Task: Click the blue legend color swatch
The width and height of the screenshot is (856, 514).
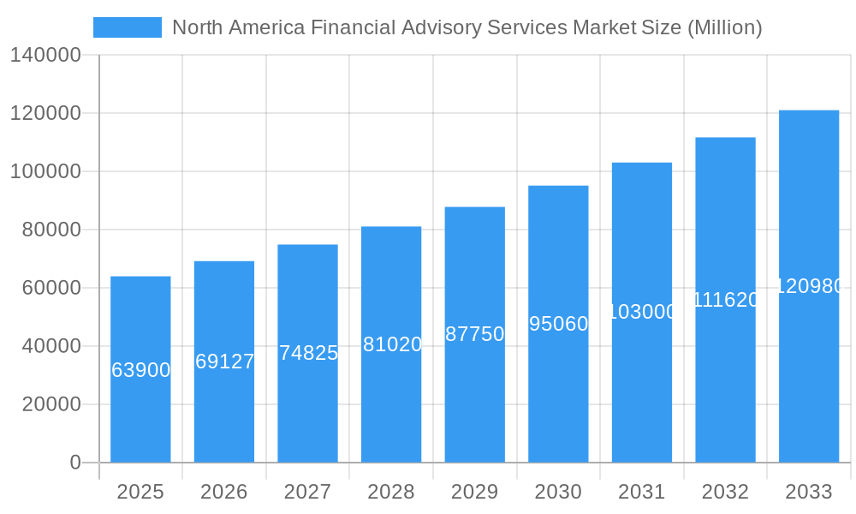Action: pos(127,27)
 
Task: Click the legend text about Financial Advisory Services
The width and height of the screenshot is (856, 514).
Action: pos(467,27)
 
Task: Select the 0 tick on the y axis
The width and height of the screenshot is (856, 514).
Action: pos(75,463)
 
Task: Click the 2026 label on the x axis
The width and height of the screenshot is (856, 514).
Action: pos(224,492)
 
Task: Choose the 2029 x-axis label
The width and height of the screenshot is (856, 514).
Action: pos(475,492)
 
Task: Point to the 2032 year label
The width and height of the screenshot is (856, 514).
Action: pos(725,492)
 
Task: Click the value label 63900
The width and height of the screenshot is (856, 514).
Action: pos(140,370)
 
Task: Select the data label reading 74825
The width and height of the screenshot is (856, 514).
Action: pos(308,353)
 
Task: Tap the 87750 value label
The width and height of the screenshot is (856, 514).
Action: pos(475,334)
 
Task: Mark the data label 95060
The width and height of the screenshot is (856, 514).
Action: pos(558,324)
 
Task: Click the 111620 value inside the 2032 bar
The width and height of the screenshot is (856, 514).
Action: pos(725,300)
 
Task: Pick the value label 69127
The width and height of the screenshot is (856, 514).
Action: pos(224,362)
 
